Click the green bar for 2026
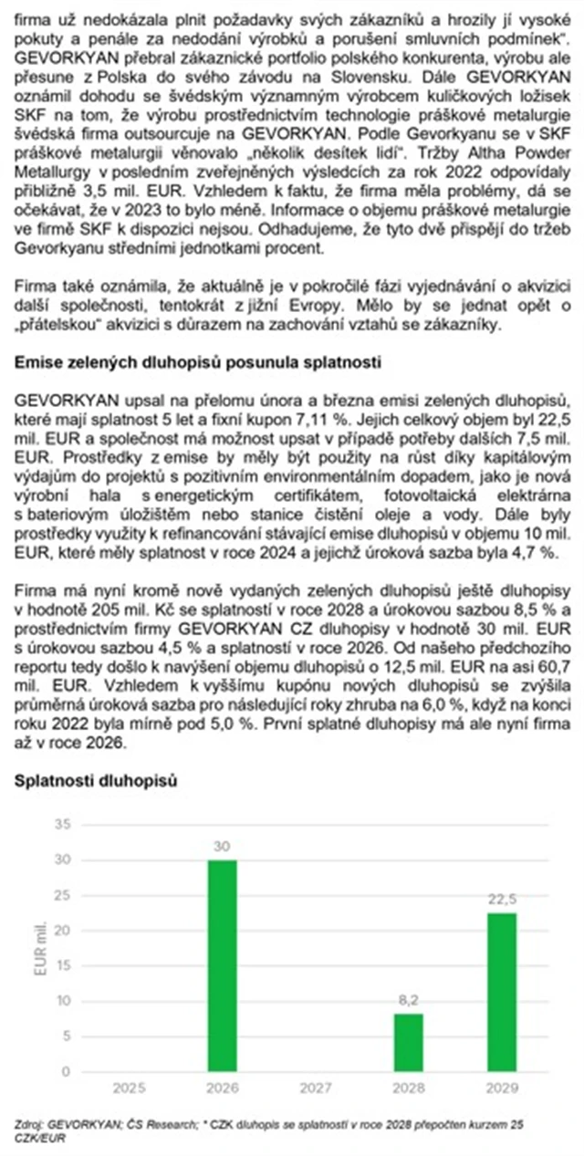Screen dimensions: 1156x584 pyautogui.click(x=222, y=965)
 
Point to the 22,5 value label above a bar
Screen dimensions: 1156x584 pyautogui.click(x=501, y=900)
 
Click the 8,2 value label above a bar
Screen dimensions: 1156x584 pyautogui.click(x=408, y=1001)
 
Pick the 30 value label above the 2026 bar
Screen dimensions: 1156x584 pyautogui.click(x=222, y=847)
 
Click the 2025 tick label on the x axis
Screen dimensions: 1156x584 pyautogui.click(x=129, y=1088)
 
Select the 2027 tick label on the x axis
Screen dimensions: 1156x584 pyautogui.click(x=315, y=1088)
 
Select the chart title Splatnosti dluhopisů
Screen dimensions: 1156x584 pyautogui.click(x=95, y=782)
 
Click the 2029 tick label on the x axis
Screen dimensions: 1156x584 pyautogui.click(x=501, y=1088)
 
